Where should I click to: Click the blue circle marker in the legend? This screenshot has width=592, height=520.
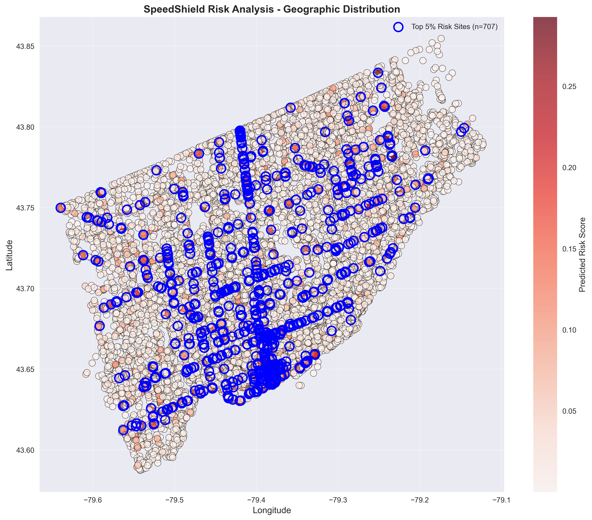pos(398,27)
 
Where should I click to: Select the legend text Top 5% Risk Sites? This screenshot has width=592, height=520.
pos(454,27)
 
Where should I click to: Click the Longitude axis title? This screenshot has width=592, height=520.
pos(272,510)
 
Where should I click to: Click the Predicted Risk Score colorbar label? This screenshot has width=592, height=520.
pos(582,255)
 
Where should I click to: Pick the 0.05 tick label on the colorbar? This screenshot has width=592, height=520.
pos(569,411)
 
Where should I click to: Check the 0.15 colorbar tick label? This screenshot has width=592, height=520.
pos(569,249)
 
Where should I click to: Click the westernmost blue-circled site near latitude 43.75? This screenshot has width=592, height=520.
pos(60,208)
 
